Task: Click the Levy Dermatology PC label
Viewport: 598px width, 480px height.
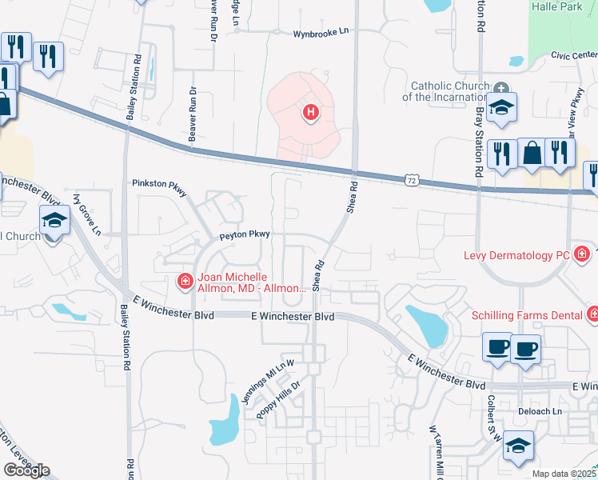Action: click(517, 256)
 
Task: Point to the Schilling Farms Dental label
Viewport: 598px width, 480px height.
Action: click(527, 315)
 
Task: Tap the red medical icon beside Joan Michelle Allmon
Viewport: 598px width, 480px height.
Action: click(184, 281)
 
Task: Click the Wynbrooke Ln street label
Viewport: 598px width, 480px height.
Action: click(321, 33)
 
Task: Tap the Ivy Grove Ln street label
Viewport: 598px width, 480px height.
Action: click(87, 214)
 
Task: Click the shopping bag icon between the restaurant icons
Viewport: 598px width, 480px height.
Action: click(532, 152)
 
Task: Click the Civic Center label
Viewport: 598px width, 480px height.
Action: click(573, 56)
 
